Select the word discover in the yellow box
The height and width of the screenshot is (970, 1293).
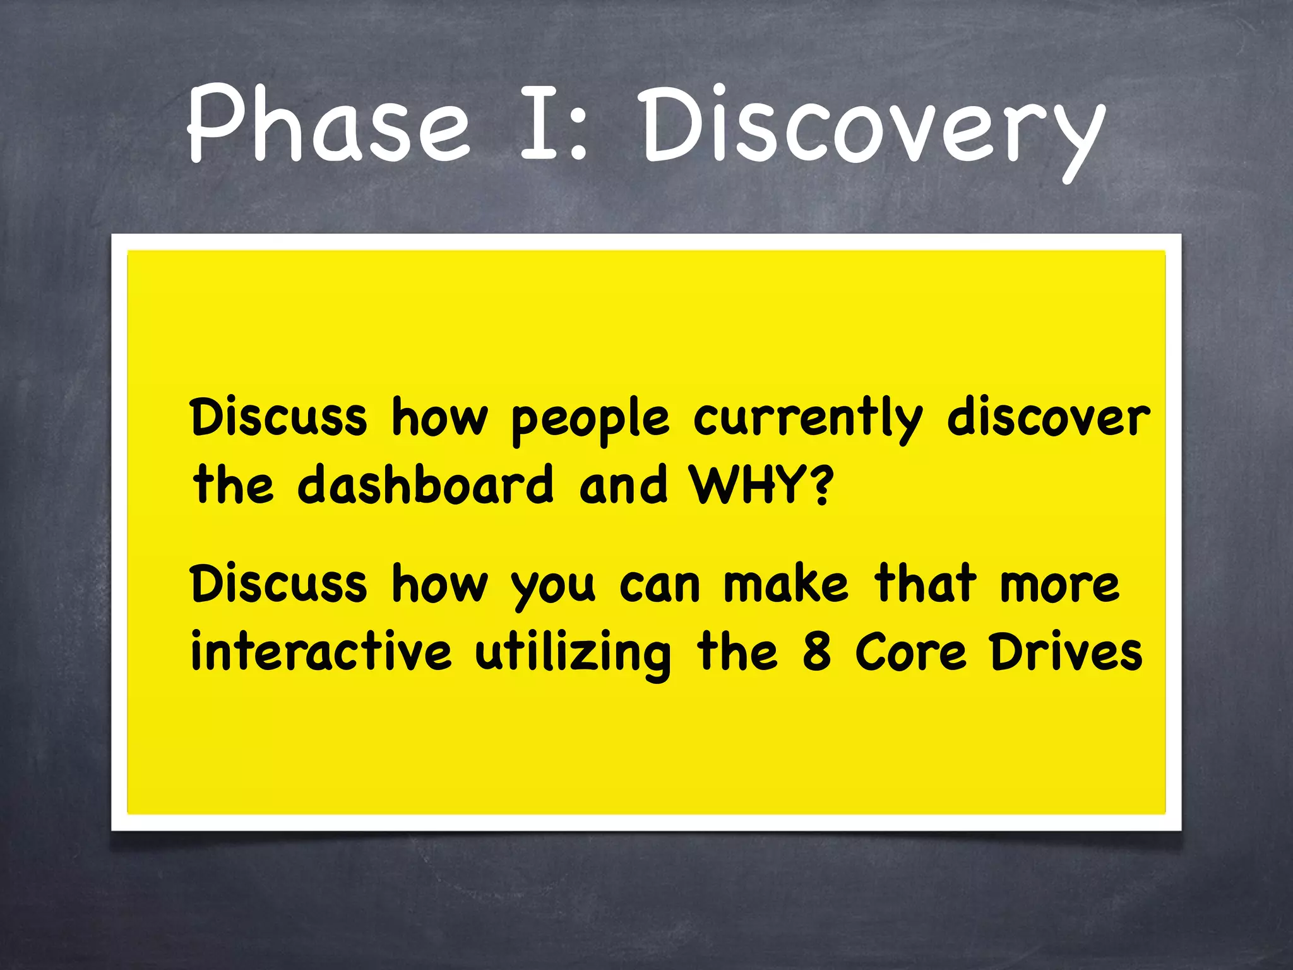(1048, 418)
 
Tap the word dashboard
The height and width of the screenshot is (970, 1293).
(426, 485)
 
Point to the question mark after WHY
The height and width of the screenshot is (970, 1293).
(821, 485)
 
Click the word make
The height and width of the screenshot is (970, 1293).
(785, 584)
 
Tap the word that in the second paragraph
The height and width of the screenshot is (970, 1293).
(925, 584)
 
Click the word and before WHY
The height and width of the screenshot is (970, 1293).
(623, 485)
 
